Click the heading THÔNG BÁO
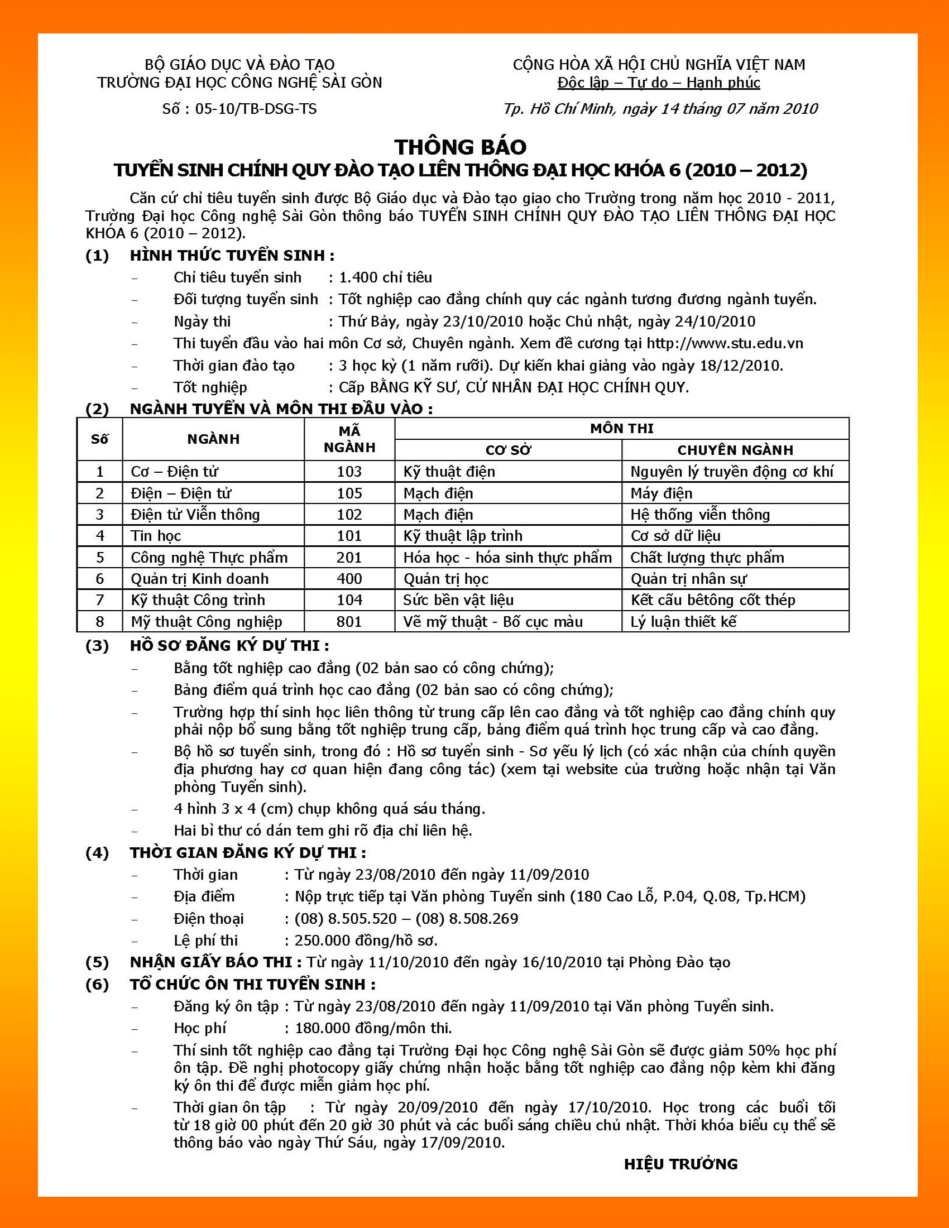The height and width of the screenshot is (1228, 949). [x=460, y=147]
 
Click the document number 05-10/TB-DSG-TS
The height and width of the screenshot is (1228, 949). [x=256, y=109]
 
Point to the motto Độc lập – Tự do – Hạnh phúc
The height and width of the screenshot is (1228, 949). [x=658, y=83]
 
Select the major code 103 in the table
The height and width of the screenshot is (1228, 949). [x=349, y=472]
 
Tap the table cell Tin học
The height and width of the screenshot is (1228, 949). [x=156, y=536]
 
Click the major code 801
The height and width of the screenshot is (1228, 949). [x=349, y=622]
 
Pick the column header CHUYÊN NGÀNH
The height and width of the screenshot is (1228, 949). [x=735, y=450]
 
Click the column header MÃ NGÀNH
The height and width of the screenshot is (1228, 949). [x=349, y=439]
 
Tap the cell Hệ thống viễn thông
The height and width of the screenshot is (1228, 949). [x=700, y=515]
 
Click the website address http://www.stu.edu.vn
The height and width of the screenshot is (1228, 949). [x=725, y=343]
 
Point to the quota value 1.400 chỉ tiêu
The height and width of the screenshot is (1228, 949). [x=385, y=278]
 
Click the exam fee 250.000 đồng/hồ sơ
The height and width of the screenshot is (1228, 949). [x=366, y=941]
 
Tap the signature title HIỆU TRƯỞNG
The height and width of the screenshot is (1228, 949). [x=680, y=1164]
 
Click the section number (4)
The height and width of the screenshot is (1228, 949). [x=97, y=853]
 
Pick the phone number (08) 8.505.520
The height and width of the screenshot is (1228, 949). [x=345, y=919]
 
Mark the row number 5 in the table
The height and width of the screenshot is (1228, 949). [x=100, y=557]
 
